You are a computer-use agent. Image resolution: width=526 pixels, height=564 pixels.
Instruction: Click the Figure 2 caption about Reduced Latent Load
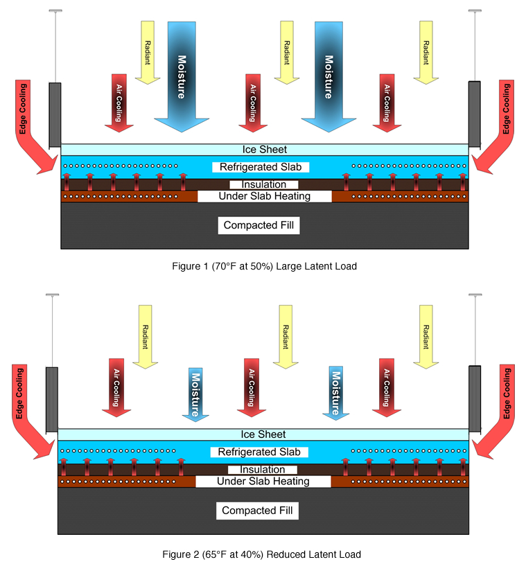pos(261,554)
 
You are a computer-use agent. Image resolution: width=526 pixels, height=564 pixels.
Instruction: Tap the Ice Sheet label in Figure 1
pos(264,149)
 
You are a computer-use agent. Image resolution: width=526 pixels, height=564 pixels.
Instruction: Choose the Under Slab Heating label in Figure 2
pos(263,481)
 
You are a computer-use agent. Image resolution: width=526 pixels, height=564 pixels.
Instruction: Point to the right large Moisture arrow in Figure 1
pos(328,76)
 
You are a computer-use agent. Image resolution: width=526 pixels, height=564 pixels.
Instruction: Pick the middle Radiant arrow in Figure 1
pos(286,53)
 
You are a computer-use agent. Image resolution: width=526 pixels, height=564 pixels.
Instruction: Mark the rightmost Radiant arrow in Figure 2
pos(424,335)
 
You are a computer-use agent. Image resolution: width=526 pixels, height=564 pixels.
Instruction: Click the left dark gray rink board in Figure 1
pos(55,114)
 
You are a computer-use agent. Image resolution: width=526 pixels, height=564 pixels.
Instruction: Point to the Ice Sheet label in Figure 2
pos(262,434)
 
